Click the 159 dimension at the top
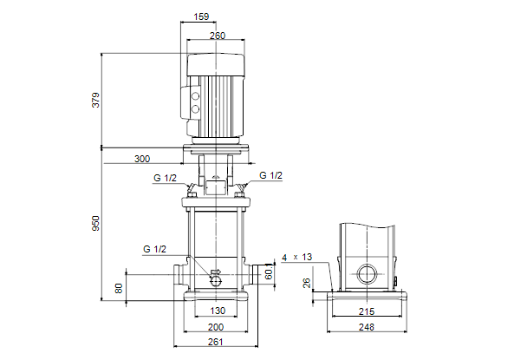coord(201,16)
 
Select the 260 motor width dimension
coord(218,36)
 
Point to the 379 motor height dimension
coord(95,100)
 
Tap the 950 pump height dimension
coord(95,223)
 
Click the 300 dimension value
coord(142,159)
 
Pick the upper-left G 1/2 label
coord(165,178)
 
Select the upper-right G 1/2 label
coord(270,175)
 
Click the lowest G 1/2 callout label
coord(155,249)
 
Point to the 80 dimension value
coord(119,289)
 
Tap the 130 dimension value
coord(218,311)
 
